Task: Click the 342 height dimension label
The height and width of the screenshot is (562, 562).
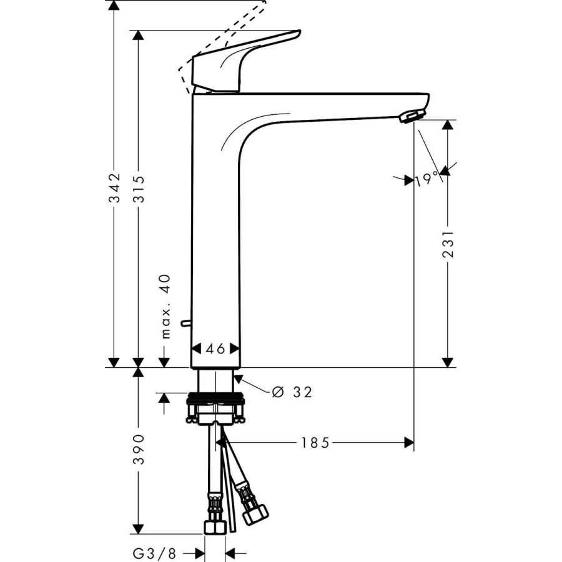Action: point(114,188)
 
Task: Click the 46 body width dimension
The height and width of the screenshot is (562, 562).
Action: point(215,349)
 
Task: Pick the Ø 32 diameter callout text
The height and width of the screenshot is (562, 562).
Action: point(292,392)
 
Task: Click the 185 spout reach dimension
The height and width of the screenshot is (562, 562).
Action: point(315,443)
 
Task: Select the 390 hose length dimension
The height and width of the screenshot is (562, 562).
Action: point(139,448)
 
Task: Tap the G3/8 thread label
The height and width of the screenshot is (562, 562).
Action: point(153,553)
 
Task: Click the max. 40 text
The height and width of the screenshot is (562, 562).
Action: point(165,305)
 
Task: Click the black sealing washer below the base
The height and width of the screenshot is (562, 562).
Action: point(215,396)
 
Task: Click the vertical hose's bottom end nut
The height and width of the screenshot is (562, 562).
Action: point(215,526)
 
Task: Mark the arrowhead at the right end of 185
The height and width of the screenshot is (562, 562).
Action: point(409,443)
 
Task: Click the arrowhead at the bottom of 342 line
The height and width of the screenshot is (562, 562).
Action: point(114,362)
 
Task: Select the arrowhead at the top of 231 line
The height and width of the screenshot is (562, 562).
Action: point(446,124)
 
